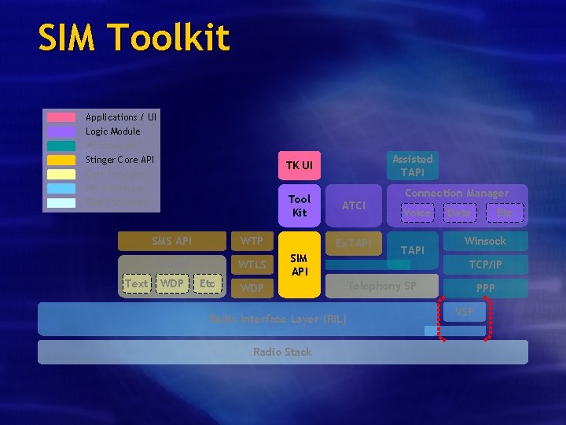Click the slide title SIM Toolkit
[134, 38]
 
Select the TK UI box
[299, 165]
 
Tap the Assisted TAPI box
[412, 165]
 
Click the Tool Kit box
[299, 205]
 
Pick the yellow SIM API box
[299, 264]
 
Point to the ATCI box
[354, 205]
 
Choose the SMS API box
[171, 241]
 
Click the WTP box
[252, 241]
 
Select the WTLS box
[252, 264]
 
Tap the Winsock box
[485, 241]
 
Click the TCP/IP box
[485, 264]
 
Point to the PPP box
[485, 288]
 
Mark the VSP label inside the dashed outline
[465, 312]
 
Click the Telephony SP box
[382, 286]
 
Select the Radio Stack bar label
[282, 352]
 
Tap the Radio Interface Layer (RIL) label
[277, 319]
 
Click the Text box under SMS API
[136, 283]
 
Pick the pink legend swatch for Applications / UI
[61, 117]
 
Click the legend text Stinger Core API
[119, 160]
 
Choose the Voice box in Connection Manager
[416, 213]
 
